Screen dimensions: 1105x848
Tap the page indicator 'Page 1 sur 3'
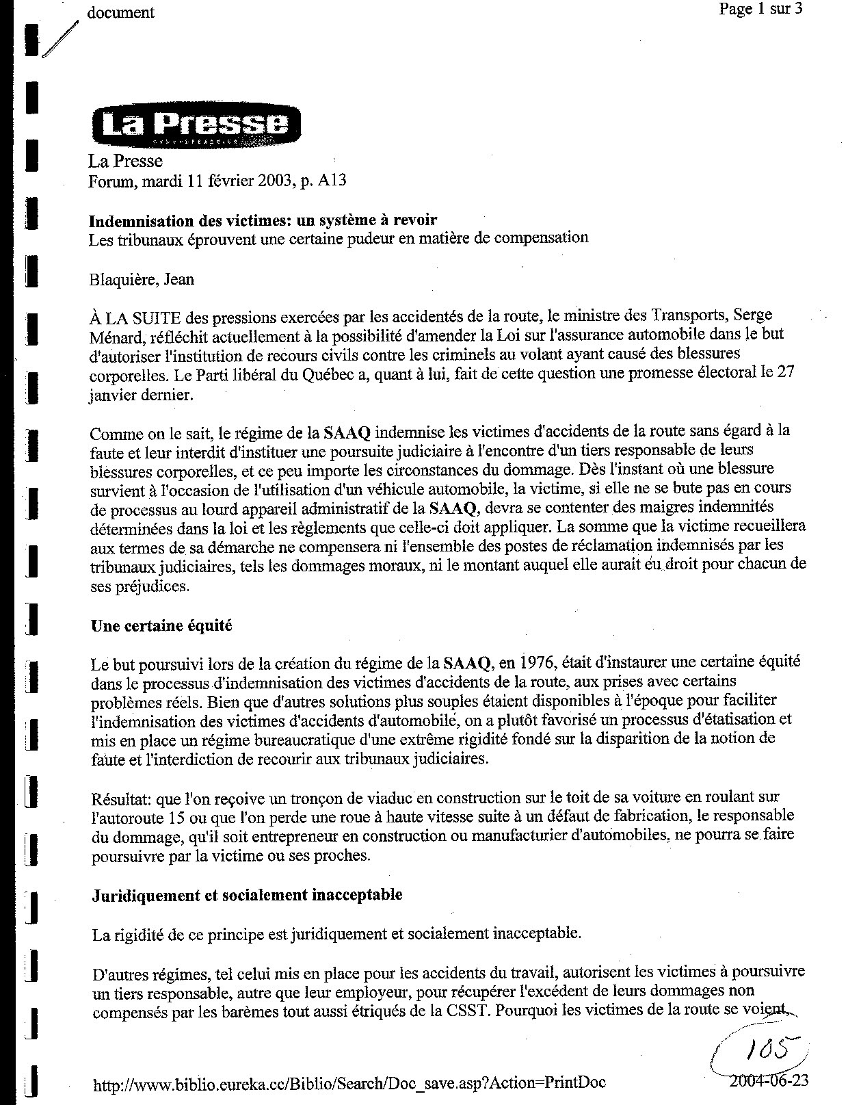pyautogui.click(x=760, y=9)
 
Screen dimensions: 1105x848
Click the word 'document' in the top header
pyautogui.click(x=121, y=12)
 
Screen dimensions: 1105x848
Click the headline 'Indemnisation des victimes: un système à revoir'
pyautogui.click(x=263, y=220)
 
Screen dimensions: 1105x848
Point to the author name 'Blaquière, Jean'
pyautogui.click(x=142, y=279)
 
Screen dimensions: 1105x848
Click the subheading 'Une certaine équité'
pyautogui.click(x=161, y=625)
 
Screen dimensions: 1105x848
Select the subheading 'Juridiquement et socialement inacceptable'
pyautogui.click(x=247, y=894)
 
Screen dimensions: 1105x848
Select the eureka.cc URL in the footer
pyautogui.click(x=349, y=1083)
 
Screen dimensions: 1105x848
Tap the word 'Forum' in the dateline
pyautogui.click(x=109, y=181)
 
